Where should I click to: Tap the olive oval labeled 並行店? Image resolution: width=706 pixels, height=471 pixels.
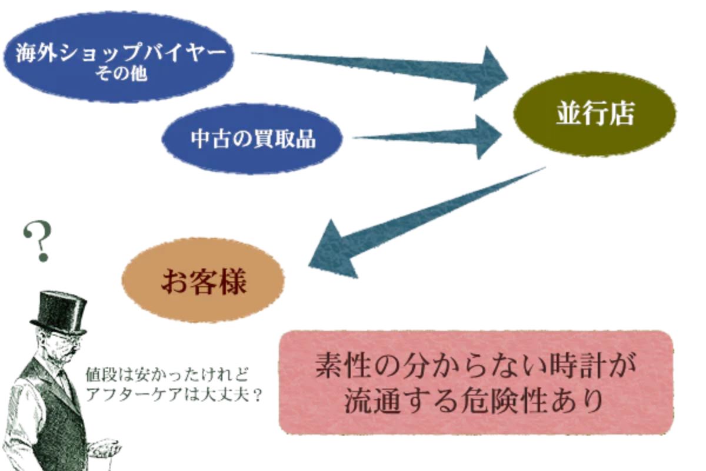point(594,114)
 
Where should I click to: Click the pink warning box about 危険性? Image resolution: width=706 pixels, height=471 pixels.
point(475,383)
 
